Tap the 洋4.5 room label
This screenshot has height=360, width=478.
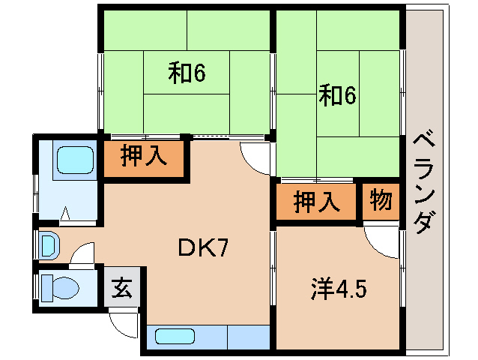coord(339,288)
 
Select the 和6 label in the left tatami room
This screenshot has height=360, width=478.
coord(187,73)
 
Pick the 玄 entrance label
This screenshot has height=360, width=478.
coord(122,288)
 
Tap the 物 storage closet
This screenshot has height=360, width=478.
coord(380,201)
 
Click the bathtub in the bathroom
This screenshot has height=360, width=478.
coord(74,160)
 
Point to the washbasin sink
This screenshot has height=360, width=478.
coord(48,244)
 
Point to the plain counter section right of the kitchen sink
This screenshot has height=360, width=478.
coord(248,337)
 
